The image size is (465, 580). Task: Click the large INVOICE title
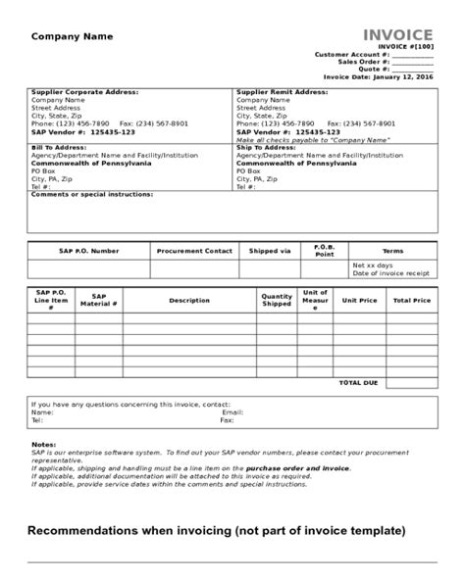pyautogui.click(x=397, y=35)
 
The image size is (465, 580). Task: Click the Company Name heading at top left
pyautogui.click(x=73, y=36)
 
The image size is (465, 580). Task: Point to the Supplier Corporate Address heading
pyautogui.click(x=84, y=91)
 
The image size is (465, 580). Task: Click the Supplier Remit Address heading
pyautogui.click(x=282, y=91)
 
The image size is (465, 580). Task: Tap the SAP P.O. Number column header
pyautogui.click(x=89, y=250)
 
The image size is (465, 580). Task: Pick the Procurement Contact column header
pyautogui.click(x=194, y=250)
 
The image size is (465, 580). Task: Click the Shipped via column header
pyautogui.click(x=269, y=250)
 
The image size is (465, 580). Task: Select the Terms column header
pyautogui.click(x=391, y=250)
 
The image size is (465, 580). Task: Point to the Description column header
pyautogui.click(x=189, y=300)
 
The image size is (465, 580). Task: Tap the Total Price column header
pyautogui.click(x=412, y=300)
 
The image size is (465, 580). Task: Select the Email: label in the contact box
pyautogui.click(x=232, y=412)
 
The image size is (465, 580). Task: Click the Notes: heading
pyautogui.click(x=44, y=444)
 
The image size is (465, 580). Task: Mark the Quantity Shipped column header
pyautogui.click(x=277, y=300)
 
